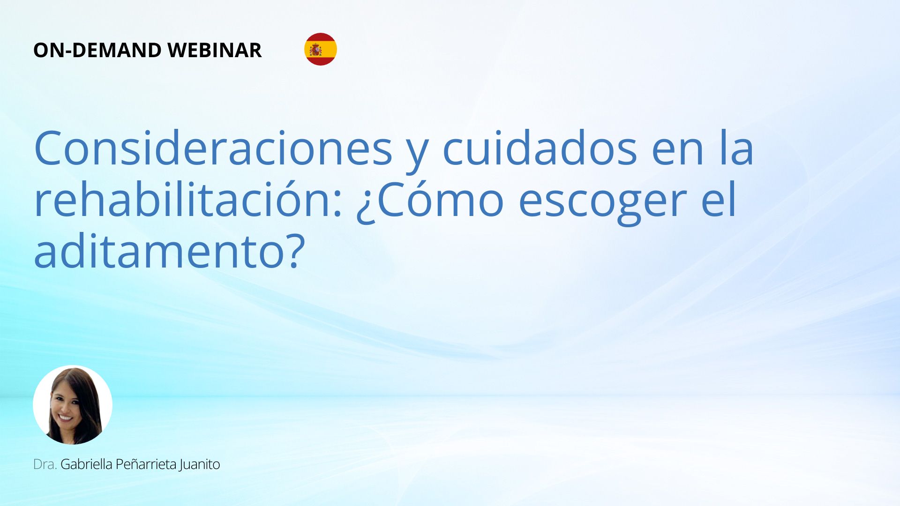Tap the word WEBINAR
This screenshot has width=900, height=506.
tap(214, 50)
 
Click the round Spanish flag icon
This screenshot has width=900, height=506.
tap(321, 49)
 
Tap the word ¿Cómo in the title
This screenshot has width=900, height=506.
tap(430, 201)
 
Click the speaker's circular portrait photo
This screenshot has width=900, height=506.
tap(73, 405)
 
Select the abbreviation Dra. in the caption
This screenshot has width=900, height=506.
tap(45, 464)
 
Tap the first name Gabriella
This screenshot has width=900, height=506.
tap(86, 464)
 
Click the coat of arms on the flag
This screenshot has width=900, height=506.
tap(315, 49)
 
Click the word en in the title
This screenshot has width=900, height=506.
tap(678, 153)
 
